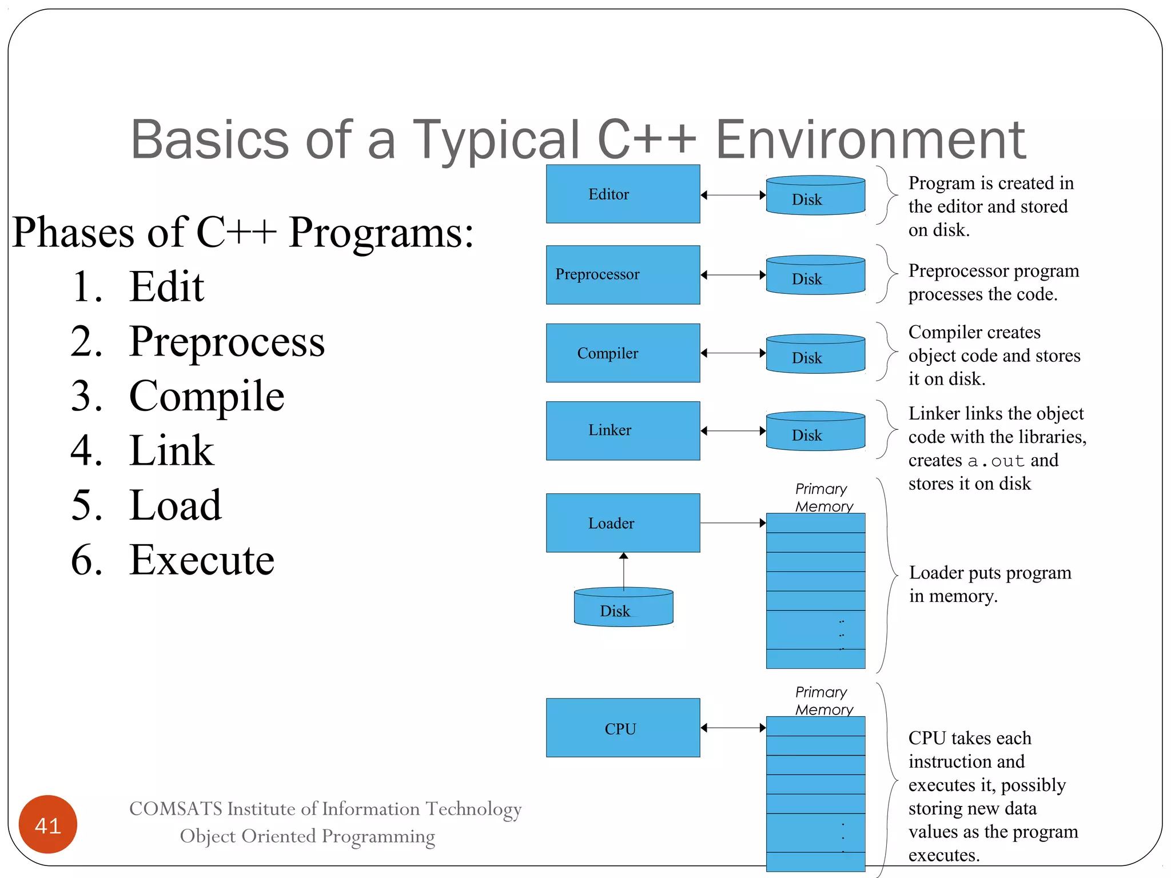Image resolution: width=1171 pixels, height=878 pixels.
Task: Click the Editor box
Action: (x=623, y=194)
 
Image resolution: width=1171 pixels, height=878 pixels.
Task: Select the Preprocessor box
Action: (x=623, y=274)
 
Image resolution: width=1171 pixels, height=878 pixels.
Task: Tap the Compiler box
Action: (x=623, y=353)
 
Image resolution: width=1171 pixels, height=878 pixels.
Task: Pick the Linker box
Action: (x=623, y=430)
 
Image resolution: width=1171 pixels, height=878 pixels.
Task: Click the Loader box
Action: (x=623, y=522)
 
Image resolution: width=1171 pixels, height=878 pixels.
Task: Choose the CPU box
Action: (x=623, y=728)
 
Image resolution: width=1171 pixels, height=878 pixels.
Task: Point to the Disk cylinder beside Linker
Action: (x=815, y=432)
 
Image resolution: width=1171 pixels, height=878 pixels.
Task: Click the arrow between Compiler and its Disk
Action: (x=733, y=353)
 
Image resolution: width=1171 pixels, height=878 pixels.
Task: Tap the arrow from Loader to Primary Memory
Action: (x=733, y=522)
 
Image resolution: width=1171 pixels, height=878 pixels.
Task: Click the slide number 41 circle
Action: (x=48, y=824)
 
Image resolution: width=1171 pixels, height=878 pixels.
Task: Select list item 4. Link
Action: (x=142, y=451)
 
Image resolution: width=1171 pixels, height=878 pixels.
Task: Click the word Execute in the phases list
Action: (x=202, y=560)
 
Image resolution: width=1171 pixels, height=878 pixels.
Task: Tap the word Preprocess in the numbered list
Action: (x=227, y=342)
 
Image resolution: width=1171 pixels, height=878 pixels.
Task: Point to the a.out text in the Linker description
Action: (x=995, y=461)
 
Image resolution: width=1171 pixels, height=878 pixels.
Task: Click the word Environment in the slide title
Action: (x=870, y=139)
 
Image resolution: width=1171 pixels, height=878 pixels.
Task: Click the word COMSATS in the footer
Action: (x=176, y=809)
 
